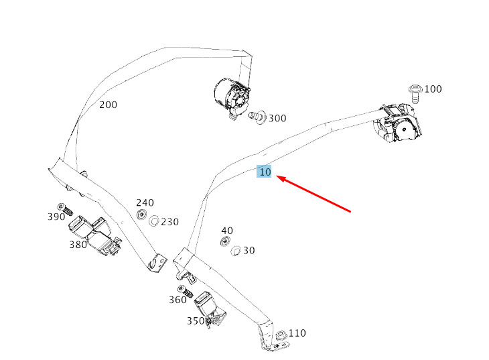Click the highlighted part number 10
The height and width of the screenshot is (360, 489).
(x=264, y=172)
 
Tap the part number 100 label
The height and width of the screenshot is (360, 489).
(x=433, y=89)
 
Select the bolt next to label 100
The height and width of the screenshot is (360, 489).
(x=415, y=93)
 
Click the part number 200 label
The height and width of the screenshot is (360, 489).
(x=109, y=105)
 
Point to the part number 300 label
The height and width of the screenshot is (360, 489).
(x=277, y=119)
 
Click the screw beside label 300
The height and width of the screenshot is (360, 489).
(x=257, y=117)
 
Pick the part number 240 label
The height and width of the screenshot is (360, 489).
(x=145, y=203)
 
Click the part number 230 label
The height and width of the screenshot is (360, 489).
(x=169, y=222)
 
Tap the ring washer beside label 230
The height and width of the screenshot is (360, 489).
(x=154, y=221)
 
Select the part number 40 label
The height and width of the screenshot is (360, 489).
(x=227, y=231)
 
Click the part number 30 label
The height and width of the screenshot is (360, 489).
(x=249, y=251)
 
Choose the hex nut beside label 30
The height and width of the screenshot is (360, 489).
(x=235, y=251)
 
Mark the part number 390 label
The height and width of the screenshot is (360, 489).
(x=56, y=217)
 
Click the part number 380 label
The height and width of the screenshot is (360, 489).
(x=78, y=245)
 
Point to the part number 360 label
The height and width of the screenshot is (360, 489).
(x=178, y=300)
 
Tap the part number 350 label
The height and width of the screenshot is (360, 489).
(x=196, y=321)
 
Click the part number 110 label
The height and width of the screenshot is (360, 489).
(x=297, y=333)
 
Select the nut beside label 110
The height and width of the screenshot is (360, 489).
(x=281, y=336)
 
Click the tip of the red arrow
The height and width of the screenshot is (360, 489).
(x=277, y=177)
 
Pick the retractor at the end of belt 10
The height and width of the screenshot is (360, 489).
(x=398, y=123)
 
